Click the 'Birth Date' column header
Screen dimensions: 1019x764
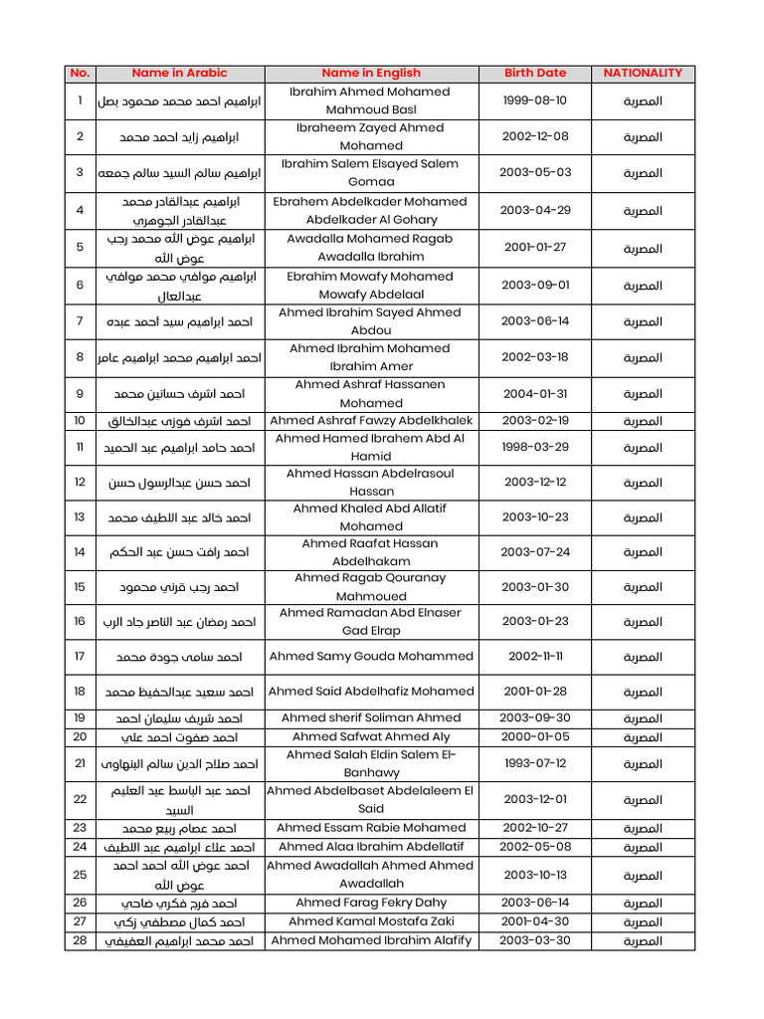(535, 73)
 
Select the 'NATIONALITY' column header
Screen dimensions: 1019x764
(643, 73)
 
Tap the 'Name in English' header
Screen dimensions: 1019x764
(371, 73)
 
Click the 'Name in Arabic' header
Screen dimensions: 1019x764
(179, 73)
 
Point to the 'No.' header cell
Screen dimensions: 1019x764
(80, 73)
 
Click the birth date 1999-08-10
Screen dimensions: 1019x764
(535, 101)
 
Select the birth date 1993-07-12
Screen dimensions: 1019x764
(535, 763)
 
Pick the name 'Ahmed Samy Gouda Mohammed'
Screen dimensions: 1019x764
(371, 657)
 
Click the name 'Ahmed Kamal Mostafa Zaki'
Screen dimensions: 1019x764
(371, 921)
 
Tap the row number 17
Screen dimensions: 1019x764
(80, 657)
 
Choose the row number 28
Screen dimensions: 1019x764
(80, 940)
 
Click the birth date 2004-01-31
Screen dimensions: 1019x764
(535, 393)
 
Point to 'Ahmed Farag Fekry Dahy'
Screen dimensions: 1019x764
(371, 903)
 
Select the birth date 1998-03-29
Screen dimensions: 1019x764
(535, 447)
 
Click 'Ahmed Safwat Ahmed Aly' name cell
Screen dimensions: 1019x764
(371, 736)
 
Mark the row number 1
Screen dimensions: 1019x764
(80, 101)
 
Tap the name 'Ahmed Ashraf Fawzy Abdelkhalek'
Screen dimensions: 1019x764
(371, 421)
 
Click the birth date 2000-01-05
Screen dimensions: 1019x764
(535, 736)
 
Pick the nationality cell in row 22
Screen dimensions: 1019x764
(643, 799)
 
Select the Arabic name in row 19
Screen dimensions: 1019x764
(179, 717)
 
